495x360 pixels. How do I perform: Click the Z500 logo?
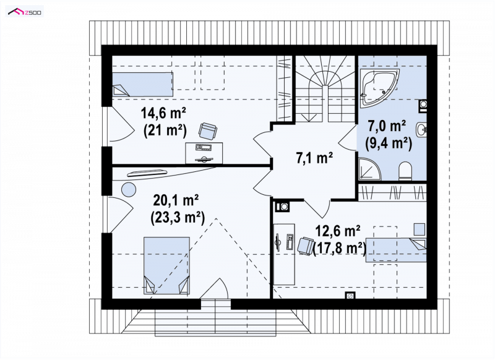pyautogui.click(x=25, y=12)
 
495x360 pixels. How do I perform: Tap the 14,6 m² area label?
pyautogui.click(x=163, y=113)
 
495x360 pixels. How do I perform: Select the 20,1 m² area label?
pyautogui.click(x=176, y=200)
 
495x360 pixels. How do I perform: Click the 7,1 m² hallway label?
pyautogui.click(x=314, y=158)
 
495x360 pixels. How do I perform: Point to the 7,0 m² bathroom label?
pyautogui.click(x=387, y=126)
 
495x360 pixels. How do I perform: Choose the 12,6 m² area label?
pyautogui.click(x=338, y=231)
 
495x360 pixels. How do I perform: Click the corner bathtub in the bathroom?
pyautogui.click(x=379, y=87)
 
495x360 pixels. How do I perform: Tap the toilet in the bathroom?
pyautogui.click(x=405, y=171)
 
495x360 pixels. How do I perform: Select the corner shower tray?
pyautogui.click(x=369, y=169)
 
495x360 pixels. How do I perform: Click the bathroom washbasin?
pyautogui.click(x=421, y=129)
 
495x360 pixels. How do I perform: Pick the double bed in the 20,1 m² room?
pyautogui.click(x=166, y=265)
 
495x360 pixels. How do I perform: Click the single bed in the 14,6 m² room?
pyautogui.click(x=143, y=84)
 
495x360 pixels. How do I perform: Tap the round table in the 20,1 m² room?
pyautogui.click(x=129, y=190)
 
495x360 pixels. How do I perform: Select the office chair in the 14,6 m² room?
pyautogui.click(x=208, y=131)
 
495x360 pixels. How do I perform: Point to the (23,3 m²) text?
pyautogui.click(x=178, y=216)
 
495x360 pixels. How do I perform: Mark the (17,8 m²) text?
pyautogui.click(x=340, y=248)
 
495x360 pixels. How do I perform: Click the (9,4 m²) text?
pyautogui.click(x=389, y=144)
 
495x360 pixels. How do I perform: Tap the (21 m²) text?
pyautogui.click(x=165, y=130)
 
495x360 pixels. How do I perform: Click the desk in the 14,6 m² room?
pyautogui.click(x=204, y=153)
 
